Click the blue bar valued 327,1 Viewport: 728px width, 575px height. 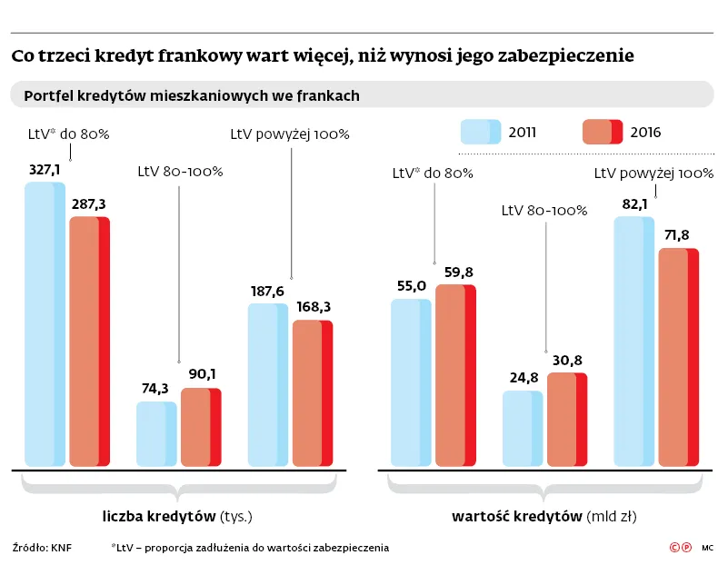point(45,324)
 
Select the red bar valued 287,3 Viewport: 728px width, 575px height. point(89,342)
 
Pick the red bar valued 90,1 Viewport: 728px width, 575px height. point(201,427)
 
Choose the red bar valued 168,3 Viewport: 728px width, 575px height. point(313,393)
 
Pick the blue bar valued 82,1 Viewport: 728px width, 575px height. point(634,342)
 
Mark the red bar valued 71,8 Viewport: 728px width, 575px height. point(679,357)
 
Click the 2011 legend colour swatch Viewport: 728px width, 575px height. point(481,133)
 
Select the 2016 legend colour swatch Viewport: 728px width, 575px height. point(602,133)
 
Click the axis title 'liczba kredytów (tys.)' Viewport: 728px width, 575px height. point(176,517)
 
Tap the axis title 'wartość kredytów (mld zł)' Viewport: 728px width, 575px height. point(544,517)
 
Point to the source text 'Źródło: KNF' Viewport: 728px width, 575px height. point(42,548)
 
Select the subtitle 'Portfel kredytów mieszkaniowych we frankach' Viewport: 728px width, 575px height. point(192,94)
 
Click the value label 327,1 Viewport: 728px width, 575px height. point(45,169)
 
